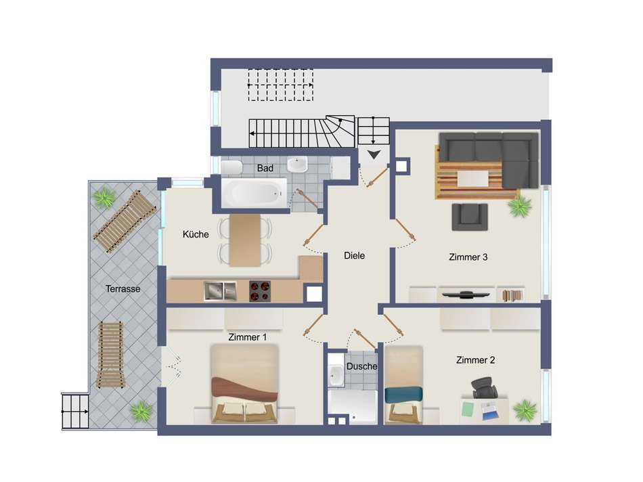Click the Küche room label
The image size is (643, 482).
196,235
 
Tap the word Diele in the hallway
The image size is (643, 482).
354,256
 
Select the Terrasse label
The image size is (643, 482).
123,288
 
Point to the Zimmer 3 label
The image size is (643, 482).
468,257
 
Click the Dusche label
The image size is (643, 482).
361,366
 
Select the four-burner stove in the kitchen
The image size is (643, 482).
259,291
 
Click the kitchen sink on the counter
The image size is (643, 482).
220,291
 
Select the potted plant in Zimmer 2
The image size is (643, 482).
525,410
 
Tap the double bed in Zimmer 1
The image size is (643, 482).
244,385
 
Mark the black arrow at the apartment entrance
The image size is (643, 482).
373,156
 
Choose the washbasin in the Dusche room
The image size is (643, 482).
336,374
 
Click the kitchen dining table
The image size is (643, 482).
244,240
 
